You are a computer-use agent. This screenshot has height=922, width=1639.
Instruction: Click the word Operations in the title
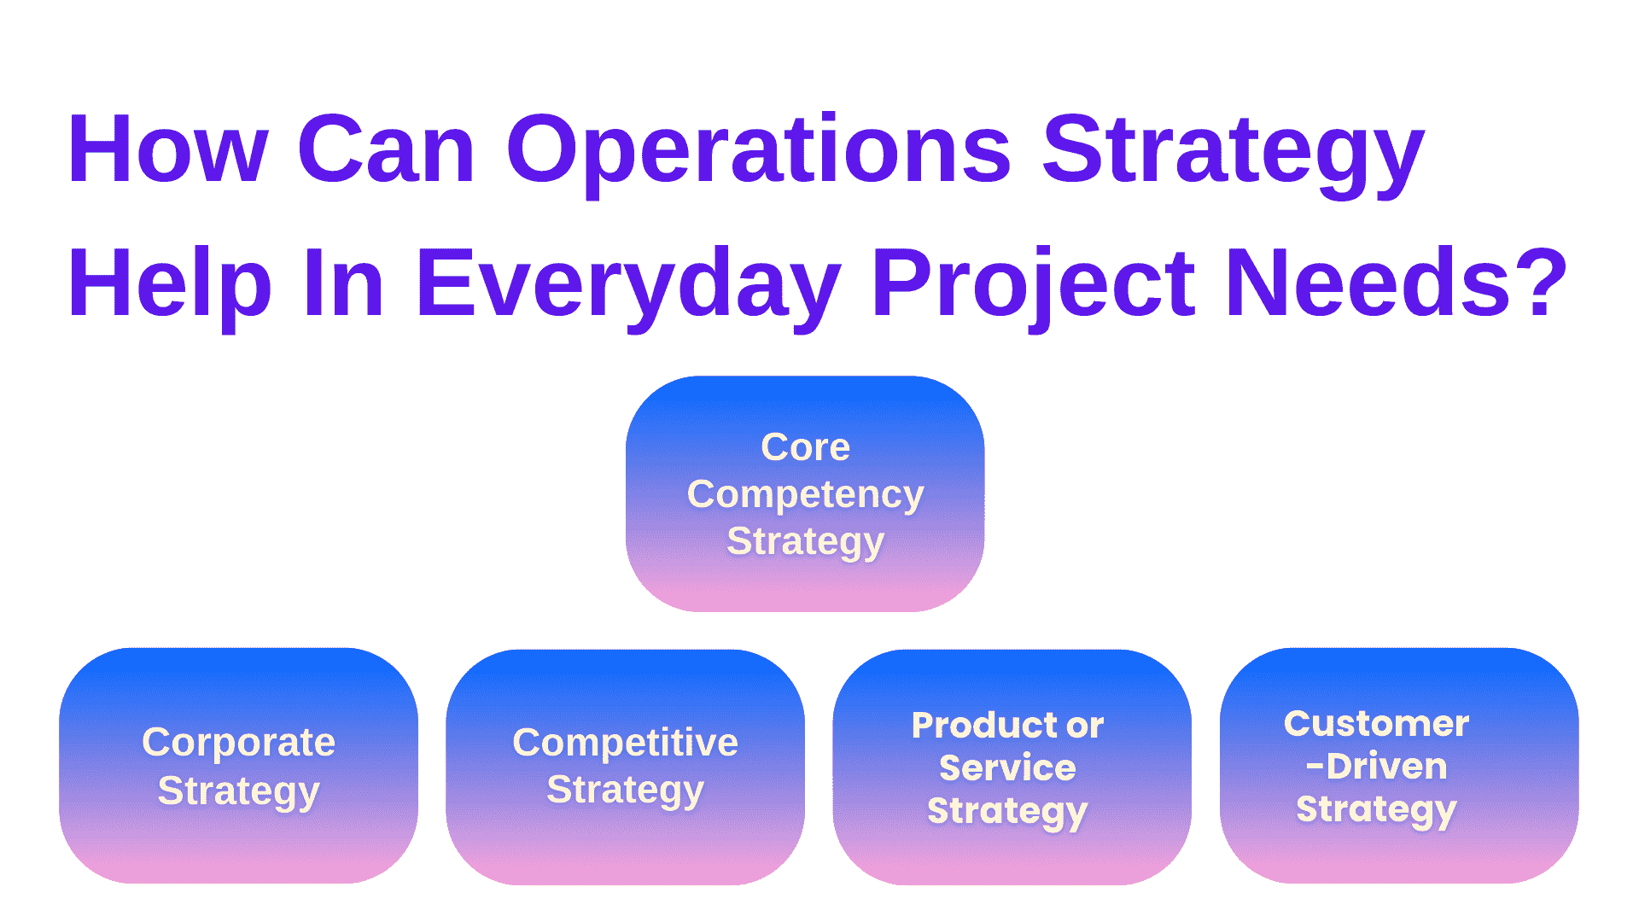point(758,151)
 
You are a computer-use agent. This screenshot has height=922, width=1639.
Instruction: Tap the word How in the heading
point(168,151)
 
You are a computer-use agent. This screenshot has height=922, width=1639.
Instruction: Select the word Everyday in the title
point(627,284)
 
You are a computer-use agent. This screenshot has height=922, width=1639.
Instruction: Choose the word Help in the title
point(169,284)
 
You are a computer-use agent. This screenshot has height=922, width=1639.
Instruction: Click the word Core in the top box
point(805,446)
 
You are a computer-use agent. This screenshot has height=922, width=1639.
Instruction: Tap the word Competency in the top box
point(805,495)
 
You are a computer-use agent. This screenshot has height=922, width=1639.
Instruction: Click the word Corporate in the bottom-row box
point(238,743)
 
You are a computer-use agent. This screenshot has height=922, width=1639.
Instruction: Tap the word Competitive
point(625,743)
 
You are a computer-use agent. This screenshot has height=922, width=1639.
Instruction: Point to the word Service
point(1007,767)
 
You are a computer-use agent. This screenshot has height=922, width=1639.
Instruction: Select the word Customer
point(1376,723)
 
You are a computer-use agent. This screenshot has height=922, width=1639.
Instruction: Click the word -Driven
point(1376,766)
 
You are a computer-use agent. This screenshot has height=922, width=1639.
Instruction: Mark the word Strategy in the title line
point(1233,151)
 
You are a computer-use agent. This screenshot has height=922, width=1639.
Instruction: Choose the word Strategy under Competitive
point(625,791)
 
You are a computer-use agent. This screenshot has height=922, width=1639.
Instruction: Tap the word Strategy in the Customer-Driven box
point(1376,809)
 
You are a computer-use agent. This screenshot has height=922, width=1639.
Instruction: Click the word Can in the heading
point(386,151)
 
